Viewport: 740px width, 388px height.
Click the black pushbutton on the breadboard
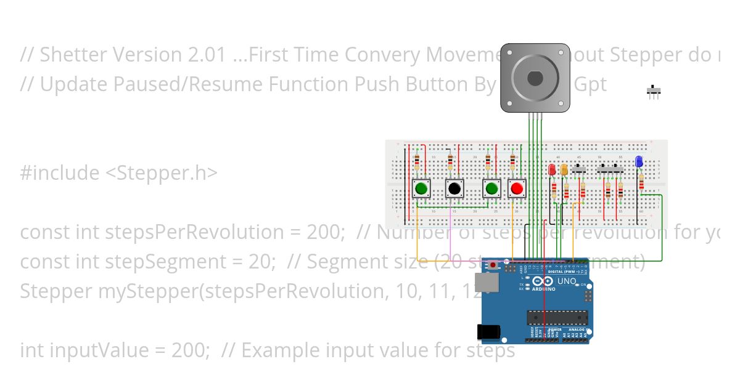tap(454, 188)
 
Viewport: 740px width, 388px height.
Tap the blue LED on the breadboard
tap(639, 162)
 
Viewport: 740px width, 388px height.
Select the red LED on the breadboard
tap(552, 169)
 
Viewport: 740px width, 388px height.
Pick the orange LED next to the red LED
tap(564, 171)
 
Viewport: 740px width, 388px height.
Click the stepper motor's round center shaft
tap(535, 78)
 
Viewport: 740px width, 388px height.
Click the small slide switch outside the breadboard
tap(654, 92)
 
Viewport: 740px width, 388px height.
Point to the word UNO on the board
tap(567, 281)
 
